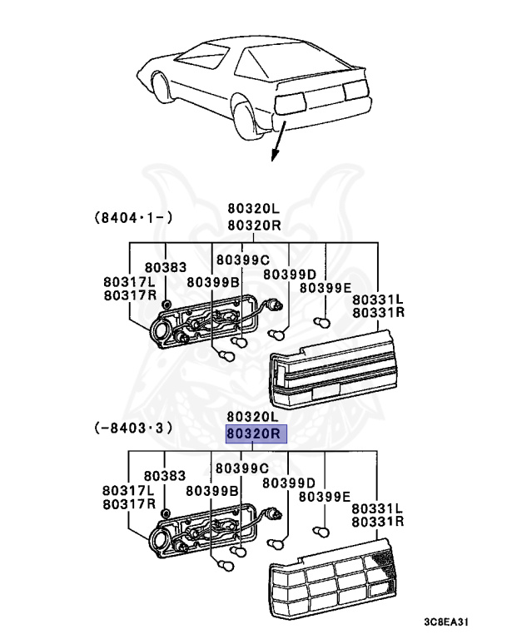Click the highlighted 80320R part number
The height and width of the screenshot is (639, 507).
(256, 433)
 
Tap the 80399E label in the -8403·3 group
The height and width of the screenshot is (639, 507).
(326, 496)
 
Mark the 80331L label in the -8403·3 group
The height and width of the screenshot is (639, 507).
(377, 508)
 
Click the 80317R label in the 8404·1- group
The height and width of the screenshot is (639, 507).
(130, 295)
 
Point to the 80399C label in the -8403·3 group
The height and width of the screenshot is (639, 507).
(242, 468)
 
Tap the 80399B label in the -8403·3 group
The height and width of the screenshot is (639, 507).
(212, 490)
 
